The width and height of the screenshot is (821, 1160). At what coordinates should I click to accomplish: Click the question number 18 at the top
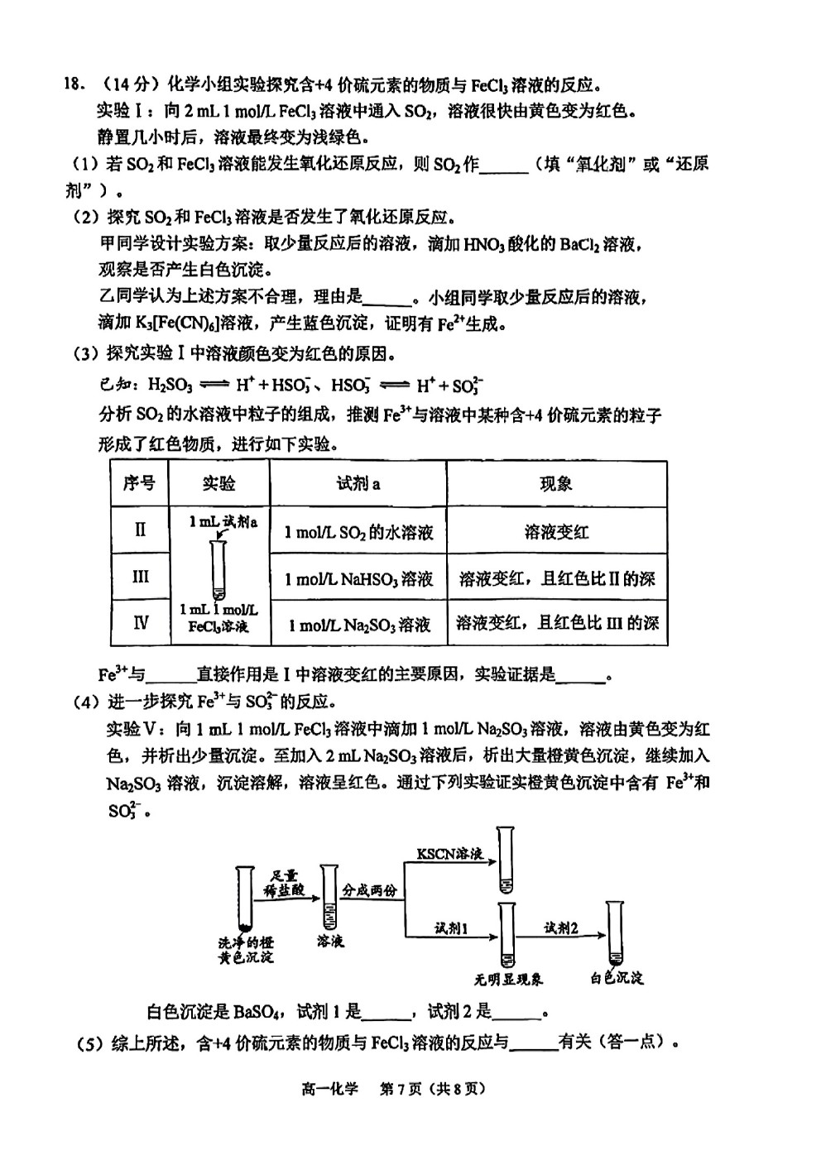click(73, 84)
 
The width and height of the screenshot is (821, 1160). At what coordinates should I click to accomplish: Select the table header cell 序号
click(139, 484)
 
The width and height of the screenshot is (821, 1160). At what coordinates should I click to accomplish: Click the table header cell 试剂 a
click(358, 484)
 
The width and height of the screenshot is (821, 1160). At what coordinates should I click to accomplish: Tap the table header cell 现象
click(556, 484)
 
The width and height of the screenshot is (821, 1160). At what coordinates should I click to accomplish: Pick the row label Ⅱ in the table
click(140, 530)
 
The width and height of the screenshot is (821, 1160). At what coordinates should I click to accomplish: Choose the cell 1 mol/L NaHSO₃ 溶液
click(358, 578)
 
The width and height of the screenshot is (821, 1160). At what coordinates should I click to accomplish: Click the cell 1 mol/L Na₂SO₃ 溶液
click(359, 625)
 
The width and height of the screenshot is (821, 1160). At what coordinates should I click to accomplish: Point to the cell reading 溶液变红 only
click(556, 532)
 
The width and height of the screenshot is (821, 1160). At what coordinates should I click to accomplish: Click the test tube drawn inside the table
click(218, 569)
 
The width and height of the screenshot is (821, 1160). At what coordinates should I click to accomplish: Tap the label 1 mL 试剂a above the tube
click(223, 522)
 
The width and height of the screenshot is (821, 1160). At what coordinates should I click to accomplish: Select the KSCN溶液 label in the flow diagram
click(449, 853)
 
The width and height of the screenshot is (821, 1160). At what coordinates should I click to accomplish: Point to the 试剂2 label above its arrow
click(560, 928)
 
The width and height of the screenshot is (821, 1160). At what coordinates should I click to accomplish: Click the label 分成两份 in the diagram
click(369, 889)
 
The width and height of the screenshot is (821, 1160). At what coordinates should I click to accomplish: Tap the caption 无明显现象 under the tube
click(507, 980)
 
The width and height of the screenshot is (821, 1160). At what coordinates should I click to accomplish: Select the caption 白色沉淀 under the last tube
click(617, 978)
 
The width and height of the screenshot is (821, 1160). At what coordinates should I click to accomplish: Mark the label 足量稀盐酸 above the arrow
click(284, 883)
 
